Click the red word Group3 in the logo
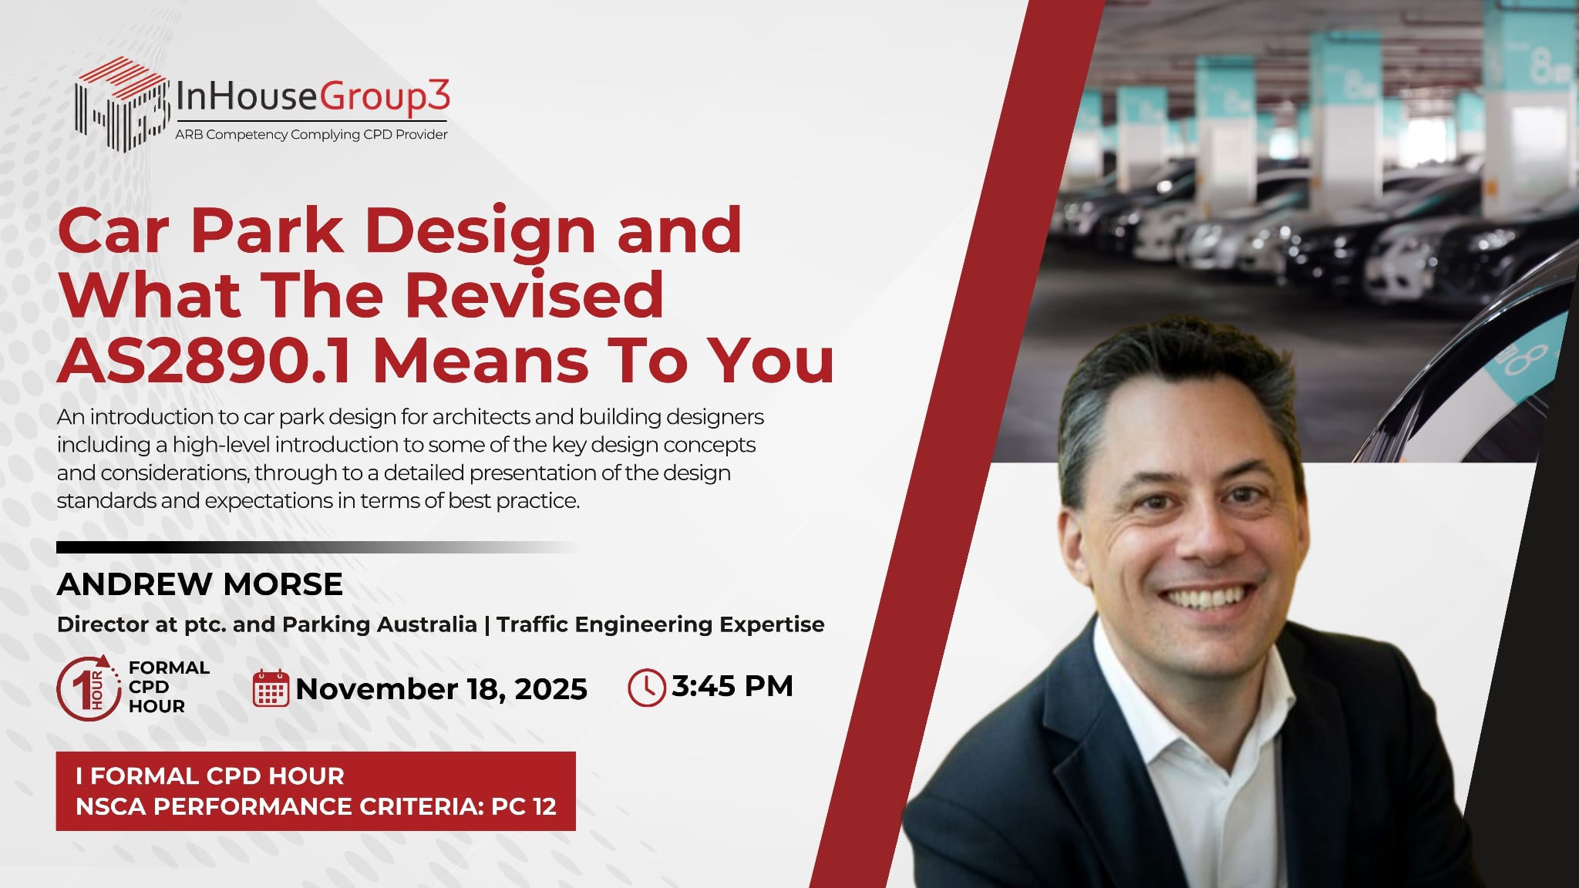(385, 98)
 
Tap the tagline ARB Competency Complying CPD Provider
(311, 134)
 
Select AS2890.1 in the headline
(204, 361)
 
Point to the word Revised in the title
(534, 295)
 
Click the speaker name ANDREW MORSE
(200, 584)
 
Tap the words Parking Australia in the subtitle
(380, 624)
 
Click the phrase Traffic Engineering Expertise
(661, 624)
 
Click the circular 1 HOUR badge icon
(89, 688)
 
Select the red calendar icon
(271, 688)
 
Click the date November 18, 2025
(441, 689)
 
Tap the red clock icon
(646, 687)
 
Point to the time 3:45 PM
(732, 686)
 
